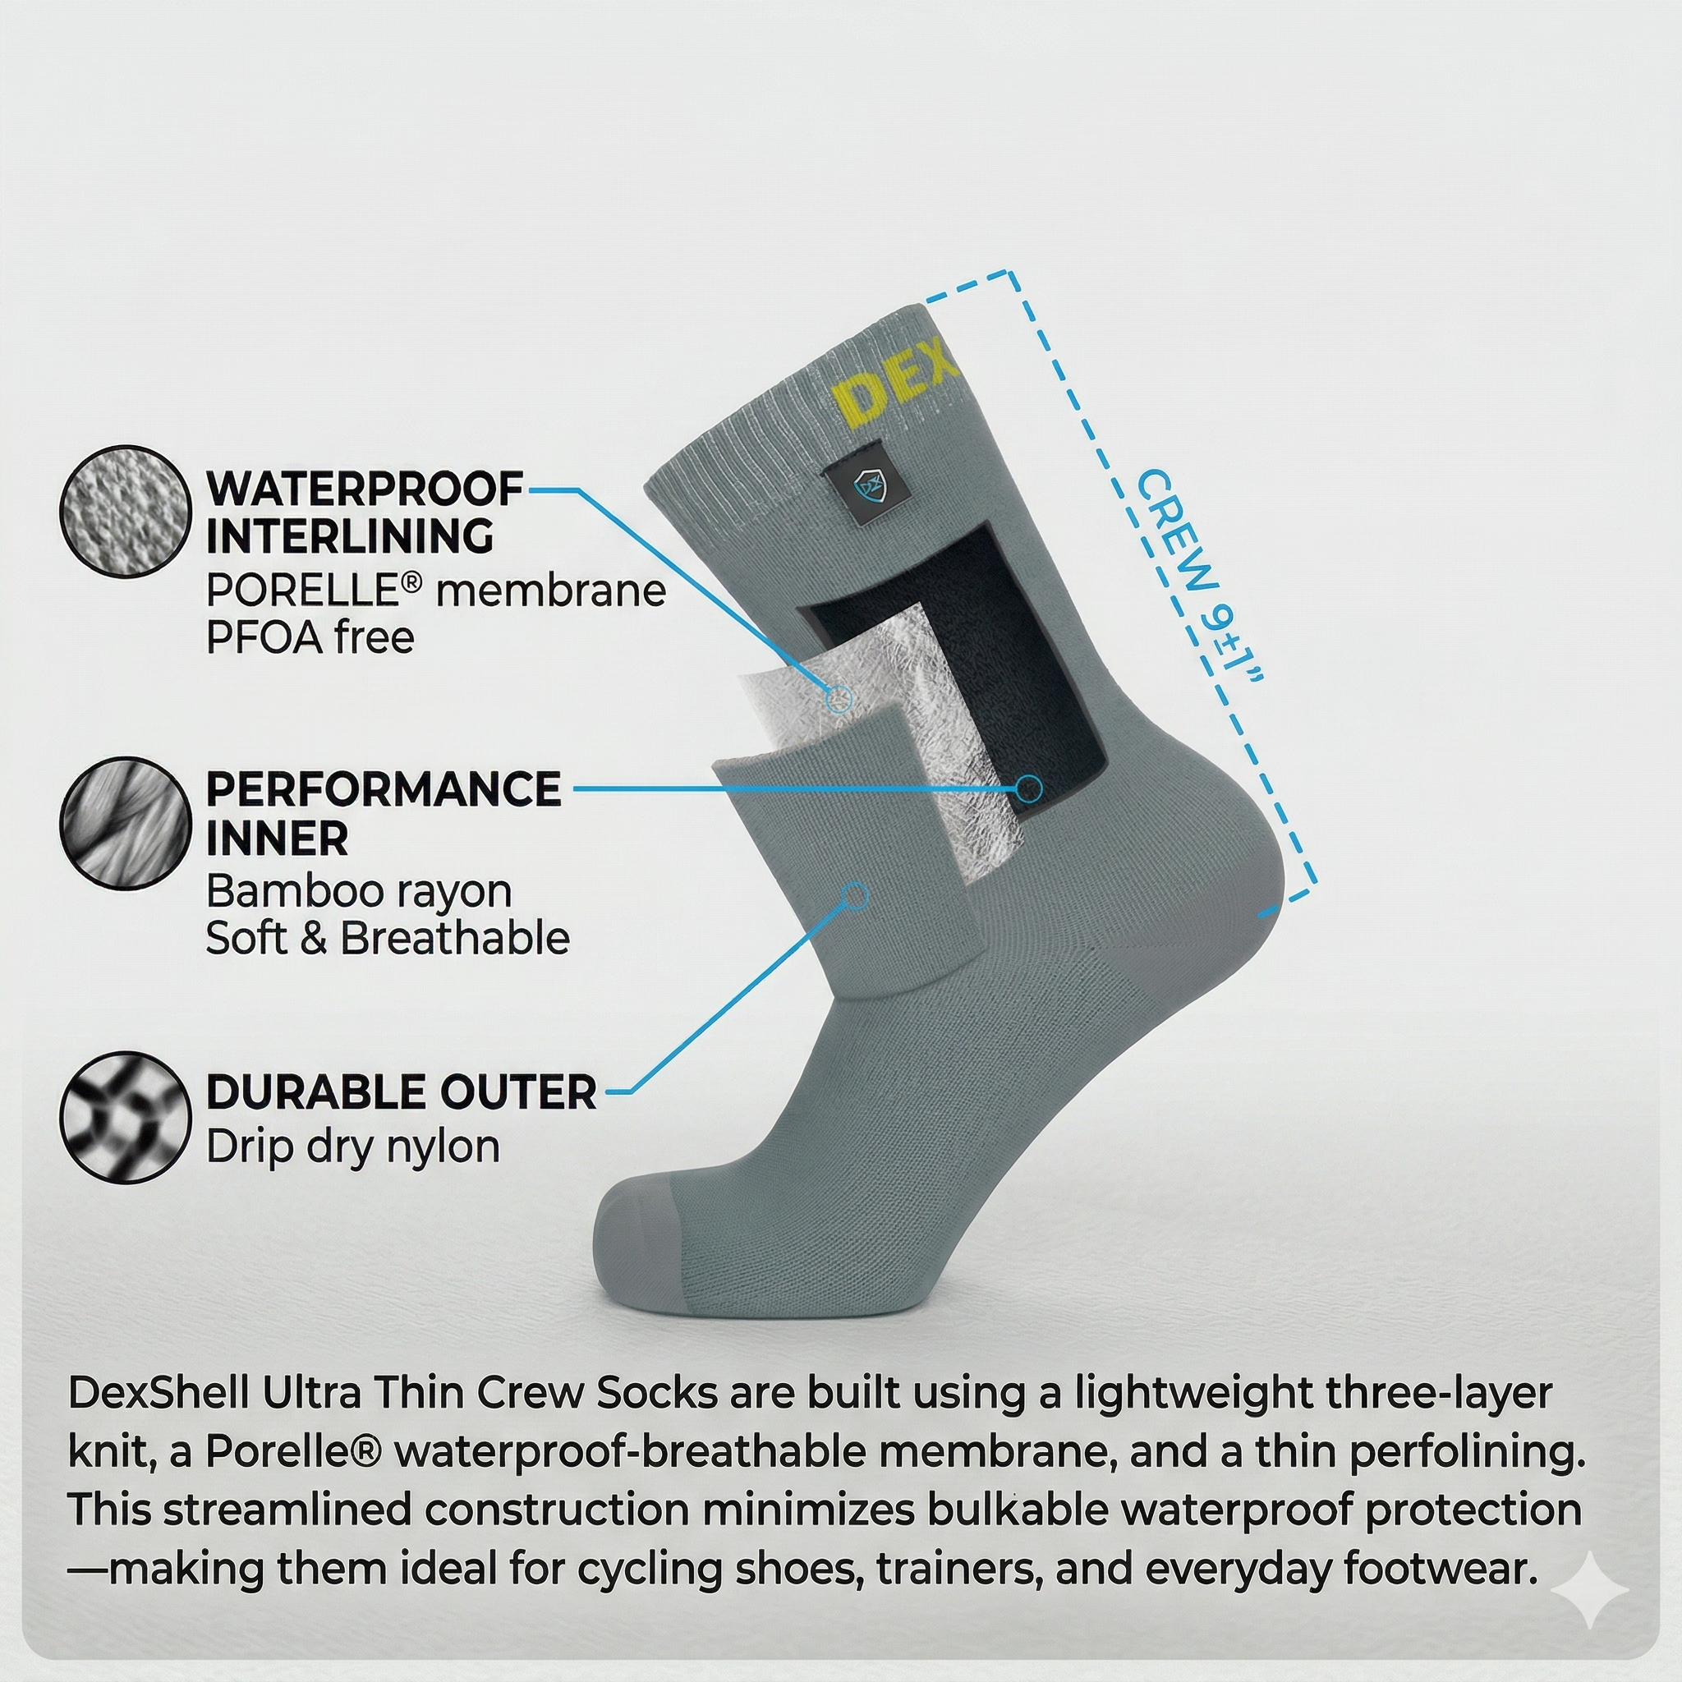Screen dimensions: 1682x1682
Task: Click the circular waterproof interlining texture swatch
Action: pyautogui.click(x=126, y=511)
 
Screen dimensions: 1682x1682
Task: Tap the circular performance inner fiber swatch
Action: pyautogui.click(x=126, y=823)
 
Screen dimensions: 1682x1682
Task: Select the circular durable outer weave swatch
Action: pyautogui.click(x=126, y=1117)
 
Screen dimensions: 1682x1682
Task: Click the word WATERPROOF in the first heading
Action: pyautogui.click(x=365, y=489)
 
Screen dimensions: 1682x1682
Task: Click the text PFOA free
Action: pyautogui.click(x=309, y=638)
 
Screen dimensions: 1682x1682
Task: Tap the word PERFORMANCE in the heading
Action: pyautogui.click(x=383, y=789)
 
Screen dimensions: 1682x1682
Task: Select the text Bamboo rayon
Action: pyautogui.click(x=359, y=891)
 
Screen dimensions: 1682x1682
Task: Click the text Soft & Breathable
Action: pyautogui.click(x=388, y=939)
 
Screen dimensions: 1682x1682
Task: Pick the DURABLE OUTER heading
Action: pyautogui.click(x=402, y=1091)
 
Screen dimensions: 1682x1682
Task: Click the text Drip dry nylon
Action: pyautogui.click(x=352, y=1147)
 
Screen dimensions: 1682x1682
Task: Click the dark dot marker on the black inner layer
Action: pyautogui.click(x=1029, y=788)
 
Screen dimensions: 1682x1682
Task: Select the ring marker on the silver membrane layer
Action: pyautogui.click(x=839, y=697)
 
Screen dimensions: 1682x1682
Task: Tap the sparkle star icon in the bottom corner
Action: pyautogui.click(x=1590, y=1590)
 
